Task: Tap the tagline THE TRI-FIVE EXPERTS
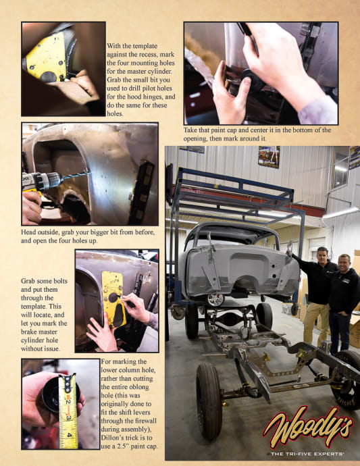[307, 454]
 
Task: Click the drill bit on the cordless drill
[76, 176]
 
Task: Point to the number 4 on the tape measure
[70, 435]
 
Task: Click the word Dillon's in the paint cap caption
[111, 438]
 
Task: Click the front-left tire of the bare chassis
[209, 401]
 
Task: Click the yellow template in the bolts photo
[113, 299]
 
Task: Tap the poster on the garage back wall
[269, 157]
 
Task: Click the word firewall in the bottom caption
[146, 421]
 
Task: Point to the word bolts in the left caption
[59, 281]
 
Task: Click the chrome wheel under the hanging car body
[215, 300]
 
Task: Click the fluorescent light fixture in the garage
[340, 213]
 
